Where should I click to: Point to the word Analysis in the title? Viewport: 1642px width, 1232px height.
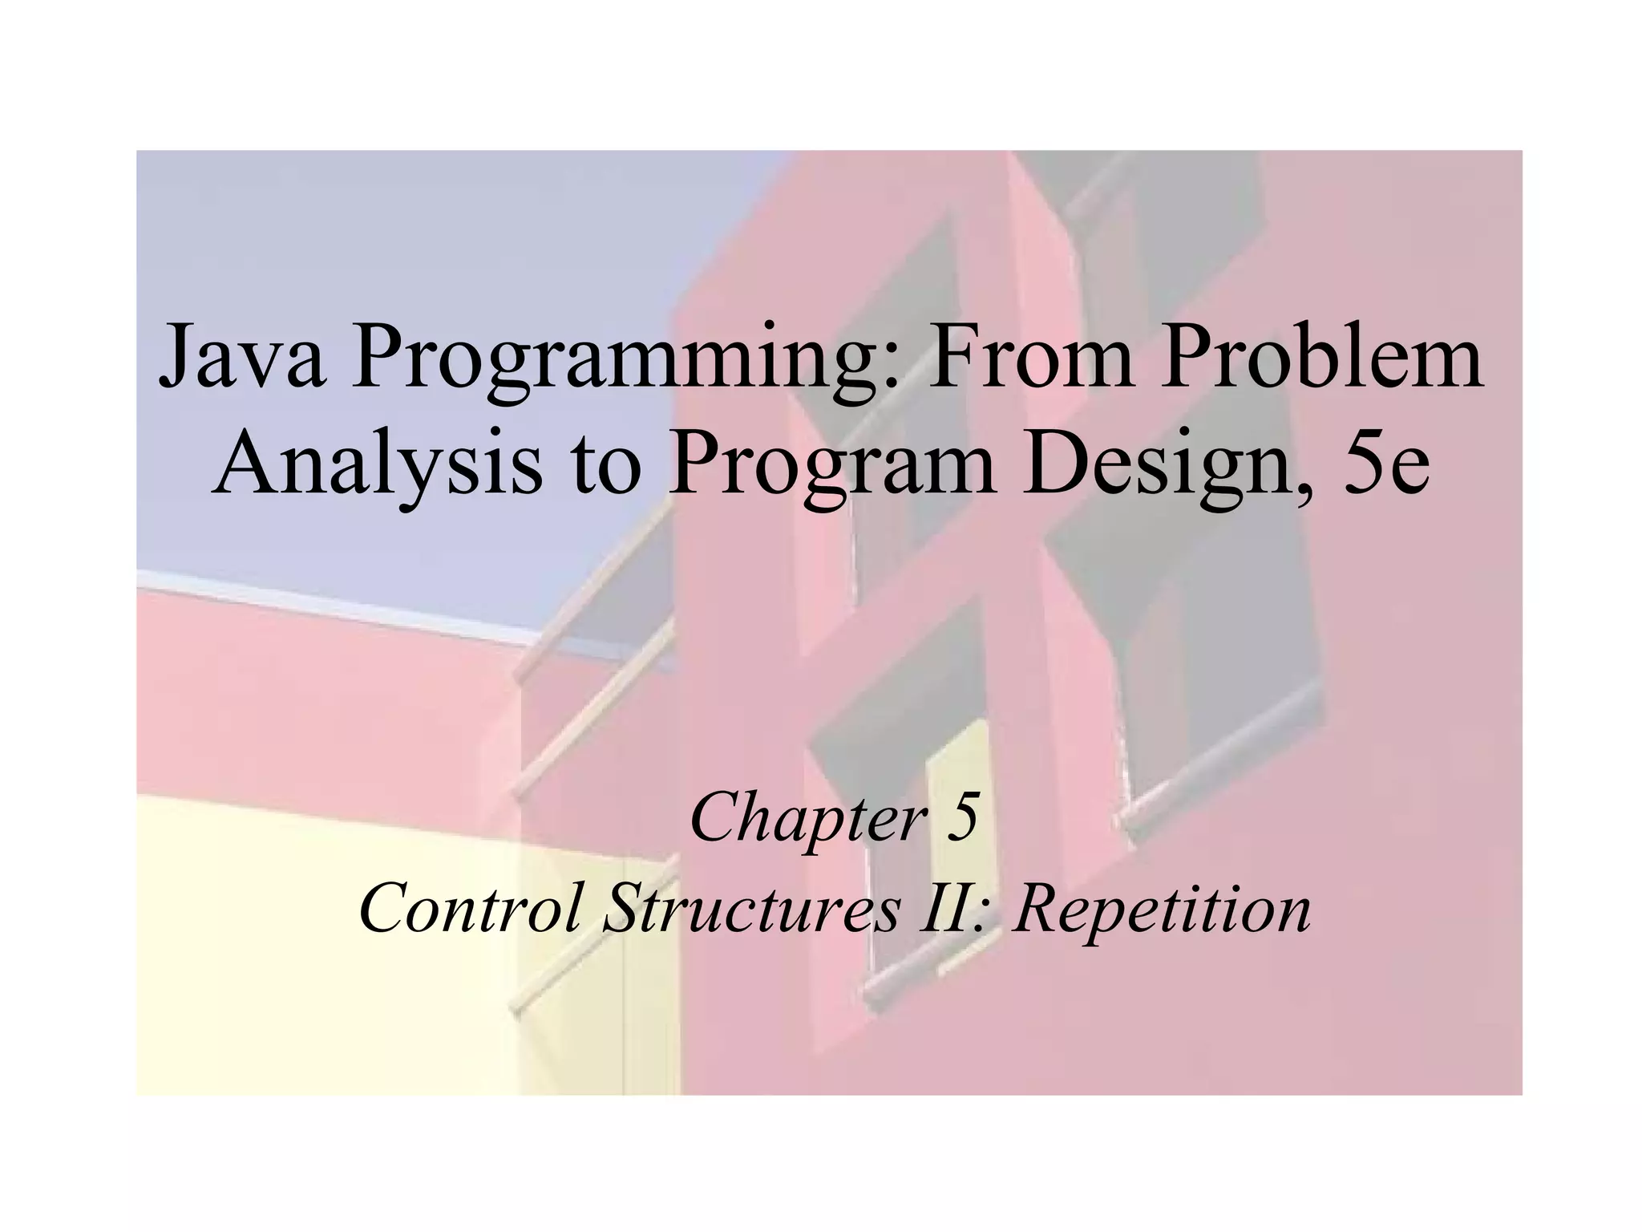(x=377, y=465)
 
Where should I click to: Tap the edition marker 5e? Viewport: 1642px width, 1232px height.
(x=1388, y=465)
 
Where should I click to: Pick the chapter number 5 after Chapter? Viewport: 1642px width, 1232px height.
(x=962, y=818)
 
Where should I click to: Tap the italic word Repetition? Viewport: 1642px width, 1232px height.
(x=1162, y=911)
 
